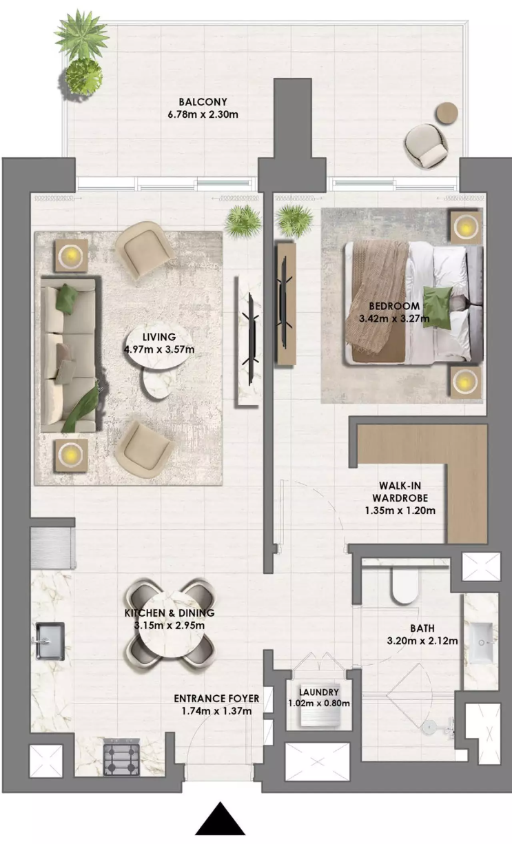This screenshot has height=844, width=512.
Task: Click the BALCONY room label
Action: point(203,102)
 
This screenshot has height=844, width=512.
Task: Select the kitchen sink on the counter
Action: point(50,641)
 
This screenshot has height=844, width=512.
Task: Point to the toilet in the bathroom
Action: point(405,586)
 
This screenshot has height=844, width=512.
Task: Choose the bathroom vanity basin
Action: point(480,643)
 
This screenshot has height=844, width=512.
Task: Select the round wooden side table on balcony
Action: point(447,113)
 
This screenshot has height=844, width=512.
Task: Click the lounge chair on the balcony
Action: point(426,146)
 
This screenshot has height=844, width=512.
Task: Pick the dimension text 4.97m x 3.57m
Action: point(159,349)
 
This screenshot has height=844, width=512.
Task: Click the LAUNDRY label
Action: point(319,692)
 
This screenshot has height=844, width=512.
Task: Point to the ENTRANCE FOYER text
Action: point(216,699)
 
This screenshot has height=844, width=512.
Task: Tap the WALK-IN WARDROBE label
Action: point(400,492)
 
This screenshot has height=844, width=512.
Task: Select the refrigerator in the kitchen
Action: point(53,548)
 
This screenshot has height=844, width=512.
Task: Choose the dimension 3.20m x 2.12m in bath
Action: point(422,641)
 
